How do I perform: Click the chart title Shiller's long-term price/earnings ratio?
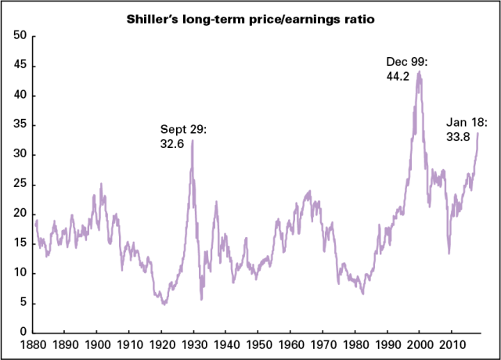[250, 19]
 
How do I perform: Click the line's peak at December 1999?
[420, 71]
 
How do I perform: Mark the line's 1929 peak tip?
[193, 140]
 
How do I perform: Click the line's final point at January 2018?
[478, 133]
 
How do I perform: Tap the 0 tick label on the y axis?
[23, 332]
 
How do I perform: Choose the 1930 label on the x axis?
[193, 344]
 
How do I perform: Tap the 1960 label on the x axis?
[290, 344]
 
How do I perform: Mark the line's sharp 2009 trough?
[449, 253]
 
